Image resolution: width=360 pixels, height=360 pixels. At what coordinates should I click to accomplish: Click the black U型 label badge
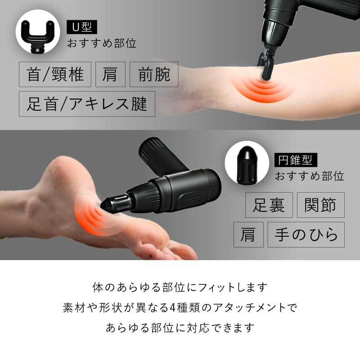pyautogui.click(x=81, y=27)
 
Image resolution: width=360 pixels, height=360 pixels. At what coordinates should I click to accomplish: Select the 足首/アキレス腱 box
pyautogui.click(x=87, y=104)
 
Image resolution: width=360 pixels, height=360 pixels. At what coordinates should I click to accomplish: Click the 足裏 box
pyautogui.click(x=269, y=205)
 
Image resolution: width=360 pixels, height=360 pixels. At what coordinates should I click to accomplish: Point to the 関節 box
pyautogui.click(x=320, y=205)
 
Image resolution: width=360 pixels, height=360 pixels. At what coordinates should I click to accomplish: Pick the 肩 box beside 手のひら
pyautogui.click(x=248, y=234)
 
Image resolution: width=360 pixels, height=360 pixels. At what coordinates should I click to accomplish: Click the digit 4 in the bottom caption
pyautogui.click(x=200, y=308)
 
